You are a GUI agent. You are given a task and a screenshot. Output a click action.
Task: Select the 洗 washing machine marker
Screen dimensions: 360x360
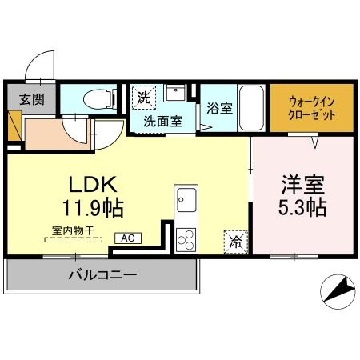pyautogui.click(x=143, y=98)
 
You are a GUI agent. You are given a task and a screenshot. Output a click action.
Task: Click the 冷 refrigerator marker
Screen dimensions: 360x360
pyautogui.click(x=235, y=239)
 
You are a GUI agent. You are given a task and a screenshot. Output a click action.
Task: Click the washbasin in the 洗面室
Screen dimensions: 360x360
pyautogui.click(x=174, y=94)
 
